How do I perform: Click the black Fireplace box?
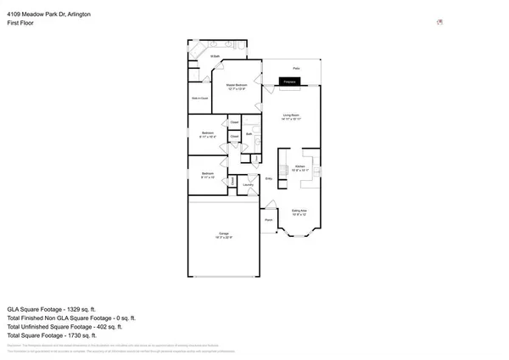(289, 82)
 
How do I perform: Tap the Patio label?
(297, 68)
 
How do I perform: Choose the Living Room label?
(292, 115)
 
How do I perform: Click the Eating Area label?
(299, 211)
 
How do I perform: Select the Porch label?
(268, 219)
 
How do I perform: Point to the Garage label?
(225, 234)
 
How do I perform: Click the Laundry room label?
(249, 184)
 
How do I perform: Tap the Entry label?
(269, 178)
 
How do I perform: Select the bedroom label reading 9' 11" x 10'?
(207, 176)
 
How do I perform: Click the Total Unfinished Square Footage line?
(64, 326)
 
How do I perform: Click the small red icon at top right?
(439, 23)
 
